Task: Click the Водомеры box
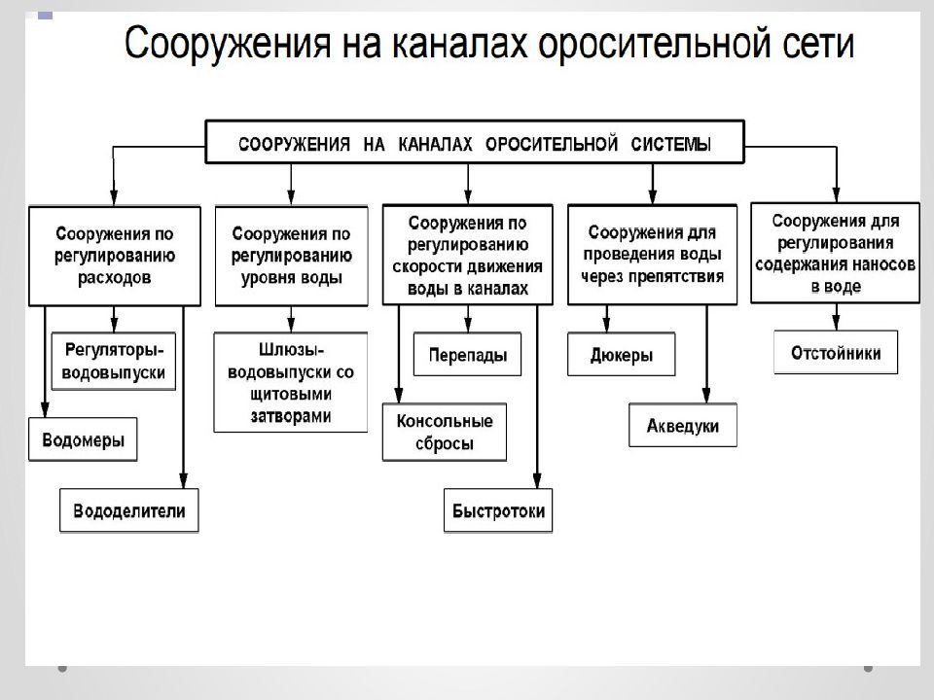83,439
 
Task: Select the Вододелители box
128,510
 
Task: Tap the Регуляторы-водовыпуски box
114,361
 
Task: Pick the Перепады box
468,354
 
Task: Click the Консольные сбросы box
445,432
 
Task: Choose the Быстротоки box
498,510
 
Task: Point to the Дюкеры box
622,354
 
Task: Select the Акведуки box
683,425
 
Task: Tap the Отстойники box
836,352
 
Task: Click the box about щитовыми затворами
291,382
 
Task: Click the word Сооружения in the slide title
228,43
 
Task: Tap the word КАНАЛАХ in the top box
435,144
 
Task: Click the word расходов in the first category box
115,278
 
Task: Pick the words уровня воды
291,278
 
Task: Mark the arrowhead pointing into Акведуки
706,396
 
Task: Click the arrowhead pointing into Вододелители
184,480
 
